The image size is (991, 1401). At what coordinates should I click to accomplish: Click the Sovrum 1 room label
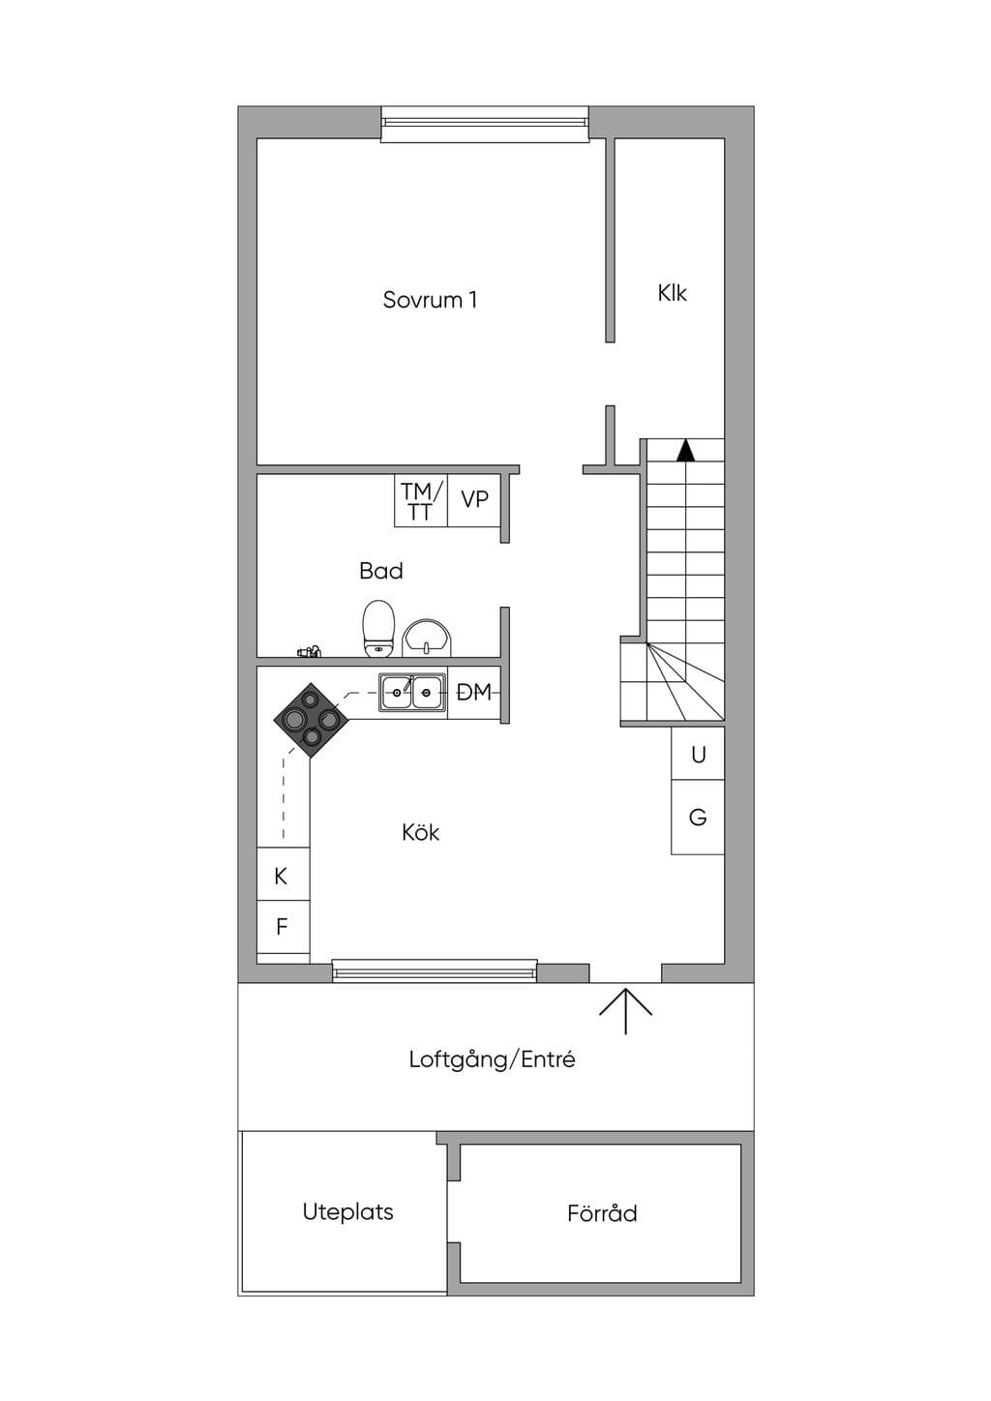[x=430, y=300]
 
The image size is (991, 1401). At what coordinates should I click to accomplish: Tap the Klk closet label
[x=672, y=293]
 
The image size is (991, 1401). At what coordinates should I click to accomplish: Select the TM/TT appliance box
[x=420, y=500]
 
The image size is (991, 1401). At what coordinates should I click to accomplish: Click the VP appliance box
[x=474, y=500]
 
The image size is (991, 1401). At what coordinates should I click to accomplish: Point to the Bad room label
[x=381, y=571]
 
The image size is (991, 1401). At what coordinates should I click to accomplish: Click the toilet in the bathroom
[x=378, y=629]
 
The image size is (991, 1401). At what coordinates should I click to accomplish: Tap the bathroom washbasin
[x=427, y=638]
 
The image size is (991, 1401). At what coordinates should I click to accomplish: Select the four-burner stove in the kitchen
[x=311, y=720]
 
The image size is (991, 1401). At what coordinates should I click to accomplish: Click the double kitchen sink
[x=412, y=693]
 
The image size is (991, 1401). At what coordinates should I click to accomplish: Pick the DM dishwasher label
[x=473, y=692]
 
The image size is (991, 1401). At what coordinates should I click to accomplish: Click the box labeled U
[x=698, y=753]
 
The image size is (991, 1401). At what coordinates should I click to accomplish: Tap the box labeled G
[x=698, y=817]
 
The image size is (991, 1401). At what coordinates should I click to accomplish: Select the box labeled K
[x=284, y=875]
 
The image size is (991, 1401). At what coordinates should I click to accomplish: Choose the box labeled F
[x=284, y=927]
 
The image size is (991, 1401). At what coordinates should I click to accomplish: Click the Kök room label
[x=420, y=832]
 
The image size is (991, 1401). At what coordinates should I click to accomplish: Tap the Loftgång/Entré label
[x=493, y=1059]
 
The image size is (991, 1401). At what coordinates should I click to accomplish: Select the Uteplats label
[x=347, y=1212]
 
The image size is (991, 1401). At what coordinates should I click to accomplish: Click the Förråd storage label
[x=603, y=1212]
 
